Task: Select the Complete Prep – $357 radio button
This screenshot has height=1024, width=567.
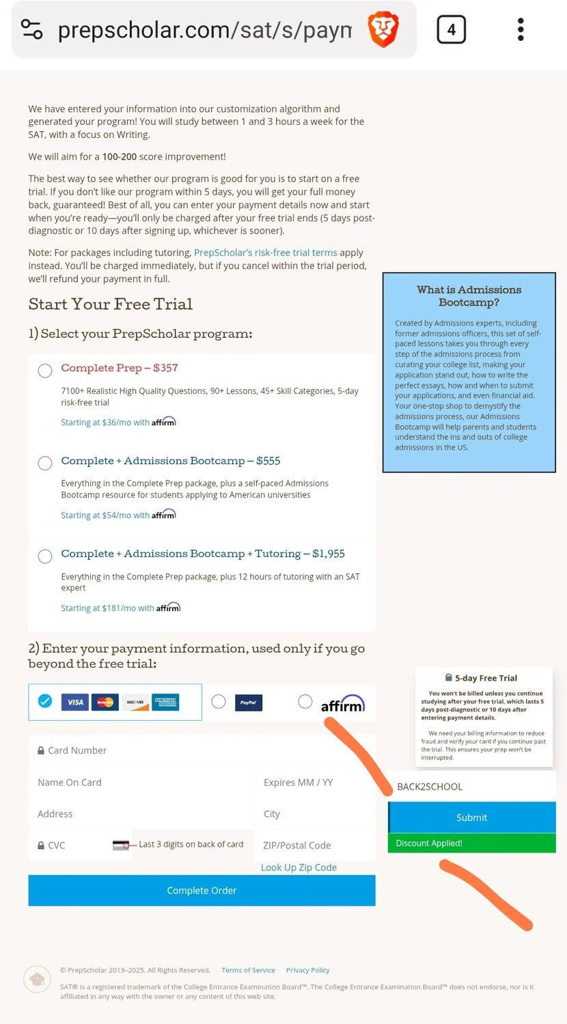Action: click(45, 371)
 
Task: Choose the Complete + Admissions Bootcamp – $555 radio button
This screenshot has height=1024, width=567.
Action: click(45, 464)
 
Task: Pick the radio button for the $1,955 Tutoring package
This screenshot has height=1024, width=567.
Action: click(45, 556)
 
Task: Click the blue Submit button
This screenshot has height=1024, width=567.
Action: click(471, 817)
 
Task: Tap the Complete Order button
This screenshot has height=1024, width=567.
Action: click(202, 890)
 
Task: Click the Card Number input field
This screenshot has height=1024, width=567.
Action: click(202, 750)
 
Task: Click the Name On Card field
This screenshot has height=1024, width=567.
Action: click(140, 782)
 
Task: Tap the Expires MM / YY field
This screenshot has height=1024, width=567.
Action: click(314, 782)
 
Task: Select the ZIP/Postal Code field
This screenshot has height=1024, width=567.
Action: click(314, 845)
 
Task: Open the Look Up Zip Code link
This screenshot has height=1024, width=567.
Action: click(299, 867)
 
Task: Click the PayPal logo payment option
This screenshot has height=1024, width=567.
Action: click(248, 702)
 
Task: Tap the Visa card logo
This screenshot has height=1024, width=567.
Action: click(75, 702)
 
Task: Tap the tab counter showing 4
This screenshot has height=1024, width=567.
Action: click(451, 30)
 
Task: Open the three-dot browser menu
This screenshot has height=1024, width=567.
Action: click(521, 30)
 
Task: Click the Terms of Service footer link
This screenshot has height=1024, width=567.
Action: click(248, 970)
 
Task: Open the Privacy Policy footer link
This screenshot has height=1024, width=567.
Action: click(307, 970)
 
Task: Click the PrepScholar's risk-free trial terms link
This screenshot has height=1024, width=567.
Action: click(265, 253)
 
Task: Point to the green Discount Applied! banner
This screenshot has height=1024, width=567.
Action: click(471, 843)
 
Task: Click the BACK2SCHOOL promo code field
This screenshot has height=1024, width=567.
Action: click(471, 786)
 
